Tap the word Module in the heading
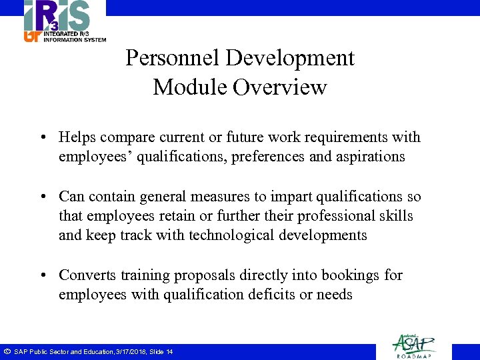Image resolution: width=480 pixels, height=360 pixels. point(189,87)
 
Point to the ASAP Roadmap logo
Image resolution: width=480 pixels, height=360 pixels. point(413,346)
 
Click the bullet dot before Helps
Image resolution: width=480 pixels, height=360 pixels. point(41,138)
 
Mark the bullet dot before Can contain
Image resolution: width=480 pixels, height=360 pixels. point(41,197)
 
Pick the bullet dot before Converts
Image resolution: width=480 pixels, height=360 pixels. point(41,275)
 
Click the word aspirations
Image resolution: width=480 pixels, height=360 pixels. point(371,157)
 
